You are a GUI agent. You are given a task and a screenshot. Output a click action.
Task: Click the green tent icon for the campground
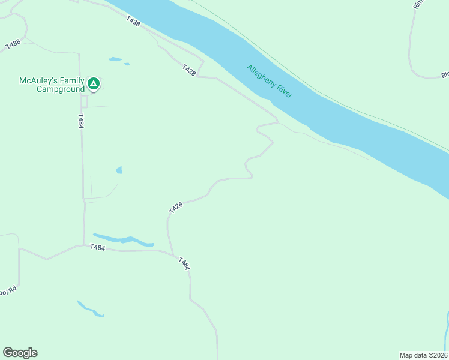(93, 83)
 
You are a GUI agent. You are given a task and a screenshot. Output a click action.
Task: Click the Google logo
(20, 352)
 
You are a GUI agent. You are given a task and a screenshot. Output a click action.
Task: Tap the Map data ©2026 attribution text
(423, 355)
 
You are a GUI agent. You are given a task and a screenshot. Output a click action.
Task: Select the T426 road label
(175, 208)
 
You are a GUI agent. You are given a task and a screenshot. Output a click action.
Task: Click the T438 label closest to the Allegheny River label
(189, 70)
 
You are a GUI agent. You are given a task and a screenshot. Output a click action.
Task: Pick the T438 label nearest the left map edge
(13, 44)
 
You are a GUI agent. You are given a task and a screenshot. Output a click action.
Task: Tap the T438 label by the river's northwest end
(133, 21)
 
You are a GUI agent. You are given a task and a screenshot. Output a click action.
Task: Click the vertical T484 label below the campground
(80, 121)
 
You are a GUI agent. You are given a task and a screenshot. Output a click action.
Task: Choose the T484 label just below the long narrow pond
(98, 247)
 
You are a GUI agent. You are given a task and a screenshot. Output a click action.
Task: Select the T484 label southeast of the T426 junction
(184, 263)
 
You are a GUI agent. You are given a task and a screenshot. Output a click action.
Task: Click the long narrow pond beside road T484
(123, 239)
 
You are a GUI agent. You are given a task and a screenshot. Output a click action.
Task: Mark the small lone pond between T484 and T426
(119, 170)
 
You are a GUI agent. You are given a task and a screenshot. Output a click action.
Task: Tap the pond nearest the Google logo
(91, 310)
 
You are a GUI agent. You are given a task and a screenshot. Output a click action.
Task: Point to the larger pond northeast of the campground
(115, 59)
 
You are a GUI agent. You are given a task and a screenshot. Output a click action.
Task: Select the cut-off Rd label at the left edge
(8, 290)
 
